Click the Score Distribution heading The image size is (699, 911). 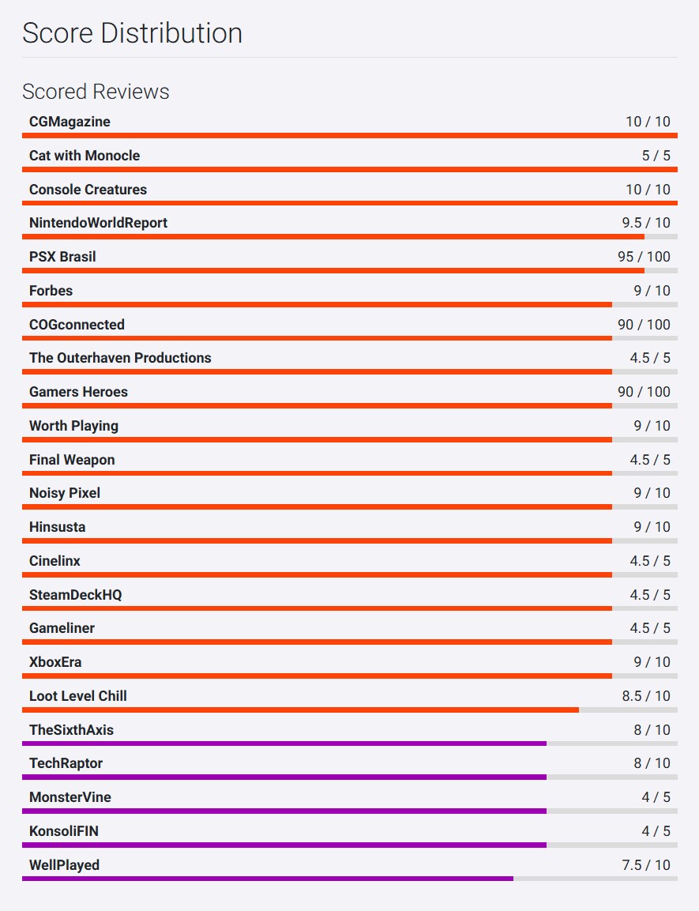pyautogui.click(x=132, y=33)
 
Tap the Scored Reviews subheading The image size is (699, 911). pyautogui.click(x=96, y=92)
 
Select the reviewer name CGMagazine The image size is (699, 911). pyautogui.click(x=70, y=122)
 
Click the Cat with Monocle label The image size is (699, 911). pyautogui.click(x=85, y=156)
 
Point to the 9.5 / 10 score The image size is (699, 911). pyautogui.click(x=645, y=223)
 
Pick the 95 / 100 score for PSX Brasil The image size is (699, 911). pyautogui.click(x=643, y=257)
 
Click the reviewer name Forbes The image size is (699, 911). pyautogui.click(x=51, y=291)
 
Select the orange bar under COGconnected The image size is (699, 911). pyautogui.click(x=317, y=338)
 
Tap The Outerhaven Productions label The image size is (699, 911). pyautogui.click(x=120, y=358)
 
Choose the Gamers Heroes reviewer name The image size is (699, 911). pyautogui.click(x=78, y=392)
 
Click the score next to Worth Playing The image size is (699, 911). pyautogui.click(x=651, y=426)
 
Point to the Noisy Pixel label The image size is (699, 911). pyautogui.click(x=65, y=493)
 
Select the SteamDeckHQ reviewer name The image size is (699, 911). pyautogui.click(x=76, y=595)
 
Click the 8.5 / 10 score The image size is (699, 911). pyautogui.click(x=645, y=696)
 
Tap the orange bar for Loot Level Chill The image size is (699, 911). pyautogui.click(x=300, y=710)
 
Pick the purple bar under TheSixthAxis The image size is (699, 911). pyautogui.click(x=284, y=743)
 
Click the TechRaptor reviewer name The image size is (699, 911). pyautogui.click(x=66, y=763)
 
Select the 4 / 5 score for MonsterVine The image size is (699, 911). pyautogui.click(x=656, y=797)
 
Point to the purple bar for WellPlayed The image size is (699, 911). pyautogui.click(x=268, y=879)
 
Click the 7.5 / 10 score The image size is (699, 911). pyautogui.click(x=645, y=865)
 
